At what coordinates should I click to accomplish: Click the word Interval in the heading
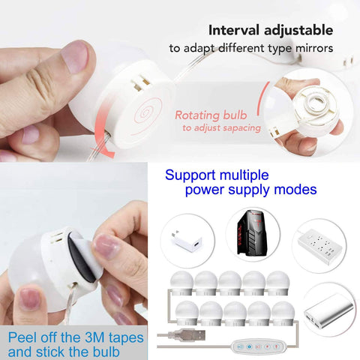(233, 31)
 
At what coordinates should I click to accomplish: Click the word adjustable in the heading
(300, 31)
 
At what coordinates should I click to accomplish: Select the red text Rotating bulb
(214, 115)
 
